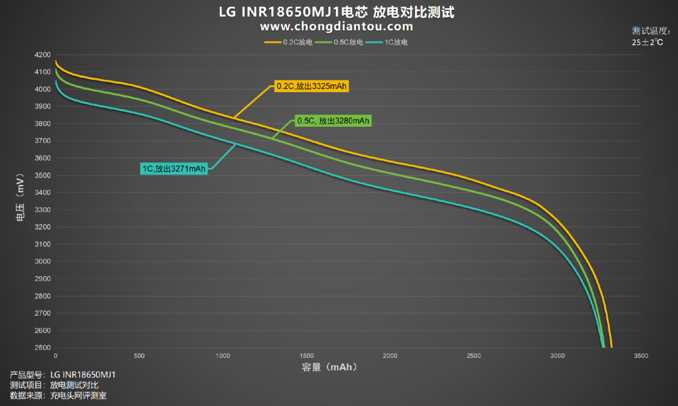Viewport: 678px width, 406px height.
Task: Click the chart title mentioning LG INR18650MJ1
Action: click(x=336, y=12)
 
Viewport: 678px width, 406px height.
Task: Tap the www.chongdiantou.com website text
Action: click(x=336, y=27)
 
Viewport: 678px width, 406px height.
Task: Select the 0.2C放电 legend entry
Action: click(x=288, y=42)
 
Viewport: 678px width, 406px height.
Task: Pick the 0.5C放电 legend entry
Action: click(x=339, y=42)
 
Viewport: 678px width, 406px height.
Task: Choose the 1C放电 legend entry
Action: click(x=387, y=42)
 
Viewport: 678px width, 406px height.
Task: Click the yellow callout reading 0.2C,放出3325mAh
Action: click(x=311, y=86)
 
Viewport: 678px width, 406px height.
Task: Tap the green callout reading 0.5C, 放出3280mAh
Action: click(x=333, y=120)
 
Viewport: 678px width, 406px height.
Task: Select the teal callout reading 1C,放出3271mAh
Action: click(x=174, y=169)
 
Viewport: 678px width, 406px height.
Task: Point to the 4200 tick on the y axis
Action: click(x=43, y=55)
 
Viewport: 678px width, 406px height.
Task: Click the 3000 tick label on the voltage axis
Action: click(x=43, y=261)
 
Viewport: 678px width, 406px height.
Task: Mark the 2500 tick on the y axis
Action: click(x=43, y=347)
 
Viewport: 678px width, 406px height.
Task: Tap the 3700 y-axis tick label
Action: click(x=43, y=141)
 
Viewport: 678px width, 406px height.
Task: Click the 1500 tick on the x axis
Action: click(x=306, y=355)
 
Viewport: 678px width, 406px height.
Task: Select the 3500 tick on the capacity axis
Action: click(x=641, y=355)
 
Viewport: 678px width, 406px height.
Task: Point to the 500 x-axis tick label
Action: click(x=139, y=355)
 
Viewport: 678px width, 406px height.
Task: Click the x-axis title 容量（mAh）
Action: click(x=330, y=367)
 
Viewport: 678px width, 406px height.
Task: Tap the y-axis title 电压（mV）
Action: click(x=20, y=198)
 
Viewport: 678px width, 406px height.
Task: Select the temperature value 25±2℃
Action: click(x=647, y=43)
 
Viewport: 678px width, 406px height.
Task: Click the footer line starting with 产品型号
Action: click(x=63, y=375)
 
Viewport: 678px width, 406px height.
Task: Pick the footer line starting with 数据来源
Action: click(x=58, y=395)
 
